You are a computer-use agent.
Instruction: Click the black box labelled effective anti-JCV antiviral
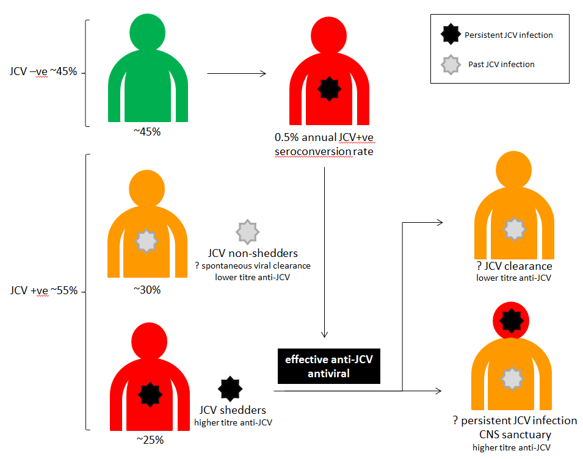pyautogui.click(x=329, y=366)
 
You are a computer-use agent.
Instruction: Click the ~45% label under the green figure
pyautogui.click(x=148, y=132)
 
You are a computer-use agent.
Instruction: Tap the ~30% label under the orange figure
pyautogui.click(x=148, y=290)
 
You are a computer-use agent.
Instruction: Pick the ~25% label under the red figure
pyautogui.click(x=150, y=439)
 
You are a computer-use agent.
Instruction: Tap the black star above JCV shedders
pyautogui.click(x=230, y=388)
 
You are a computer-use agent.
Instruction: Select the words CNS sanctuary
pyautogui.click(x=515, y=435)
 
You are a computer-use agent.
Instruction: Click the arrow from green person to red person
pyautogui.click(x=237, y=74)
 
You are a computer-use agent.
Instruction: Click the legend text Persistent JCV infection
pyautogui.click(x=509, y=35)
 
